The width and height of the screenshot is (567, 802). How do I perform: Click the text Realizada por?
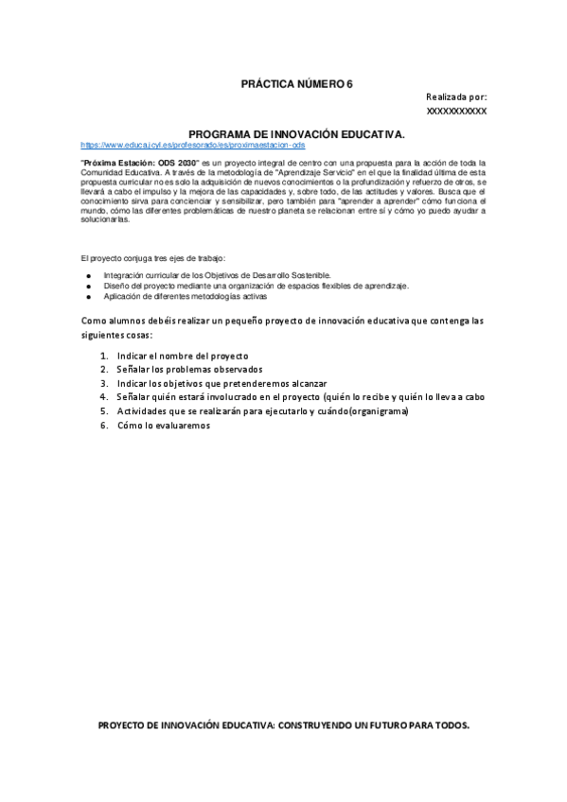456,97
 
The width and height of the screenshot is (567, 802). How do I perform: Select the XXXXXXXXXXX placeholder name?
457,112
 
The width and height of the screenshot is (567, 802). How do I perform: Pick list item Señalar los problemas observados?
189,369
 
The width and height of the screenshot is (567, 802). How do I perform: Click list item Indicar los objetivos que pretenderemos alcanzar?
221,383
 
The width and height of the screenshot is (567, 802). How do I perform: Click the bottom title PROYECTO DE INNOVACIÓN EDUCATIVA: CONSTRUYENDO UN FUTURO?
284,724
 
